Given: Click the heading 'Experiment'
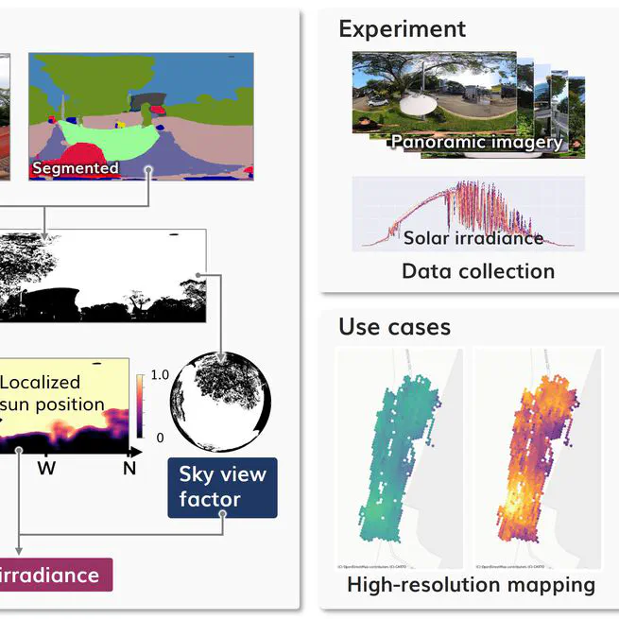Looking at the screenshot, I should point(402,29).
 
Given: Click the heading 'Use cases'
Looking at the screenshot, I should point(394,327).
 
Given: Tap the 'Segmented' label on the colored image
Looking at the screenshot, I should point(76,168).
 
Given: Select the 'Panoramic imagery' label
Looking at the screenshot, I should point(476,142).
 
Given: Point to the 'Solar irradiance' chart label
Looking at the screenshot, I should point(473,237).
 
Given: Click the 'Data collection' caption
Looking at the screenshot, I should point(478,271).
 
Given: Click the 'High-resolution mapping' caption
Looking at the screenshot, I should point(471,585).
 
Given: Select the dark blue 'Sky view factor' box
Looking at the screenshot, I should point(222,487).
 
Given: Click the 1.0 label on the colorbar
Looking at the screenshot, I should point(160,374).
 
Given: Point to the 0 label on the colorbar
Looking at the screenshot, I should point(159,438).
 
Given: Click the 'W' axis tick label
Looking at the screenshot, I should point(46,467).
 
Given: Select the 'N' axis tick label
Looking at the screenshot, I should point(129,467).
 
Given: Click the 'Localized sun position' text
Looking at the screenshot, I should point(53,394).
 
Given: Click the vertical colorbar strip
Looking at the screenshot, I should point(141,405).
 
